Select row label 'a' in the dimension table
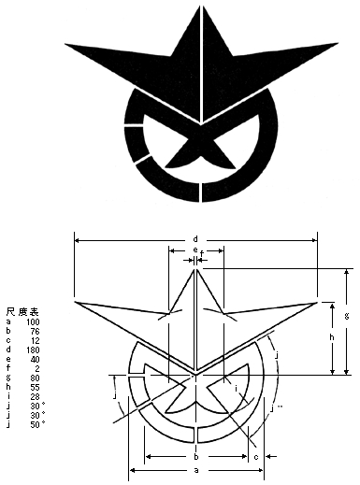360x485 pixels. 8,321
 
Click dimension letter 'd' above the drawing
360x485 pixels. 194,237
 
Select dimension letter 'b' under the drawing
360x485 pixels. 194,456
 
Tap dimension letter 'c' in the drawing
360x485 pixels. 255,456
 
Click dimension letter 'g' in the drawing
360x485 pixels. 346,318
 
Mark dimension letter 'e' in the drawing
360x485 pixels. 194,250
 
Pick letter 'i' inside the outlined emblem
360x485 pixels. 237,388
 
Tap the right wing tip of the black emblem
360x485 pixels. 337,43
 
